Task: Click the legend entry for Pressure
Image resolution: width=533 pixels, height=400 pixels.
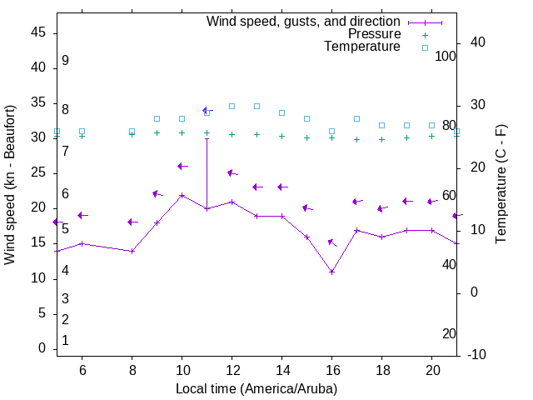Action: tap(374, 34)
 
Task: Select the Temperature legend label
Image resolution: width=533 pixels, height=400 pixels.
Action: tap(362, 47)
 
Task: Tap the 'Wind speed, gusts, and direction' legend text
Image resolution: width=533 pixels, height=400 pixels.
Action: tap(304, 22)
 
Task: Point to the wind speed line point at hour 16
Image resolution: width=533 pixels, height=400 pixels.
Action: tap(331, 272)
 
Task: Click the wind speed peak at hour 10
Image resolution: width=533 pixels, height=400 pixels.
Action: tap(182, 195)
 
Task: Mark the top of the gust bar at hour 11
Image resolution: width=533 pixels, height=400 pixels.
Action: tap(207, 138)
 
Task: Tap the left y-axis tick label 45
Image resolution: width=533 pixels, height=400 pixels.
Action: tap(38, 32)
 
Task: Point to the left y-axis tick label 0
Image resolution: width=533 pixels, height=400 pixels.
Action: tap(42, 349)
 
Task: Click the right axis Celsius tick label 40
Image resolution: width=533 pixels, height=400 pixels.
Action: tap(479, 42)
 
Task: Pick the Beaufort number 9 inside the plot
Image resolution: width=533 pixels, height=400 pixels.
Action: tap(65, 61)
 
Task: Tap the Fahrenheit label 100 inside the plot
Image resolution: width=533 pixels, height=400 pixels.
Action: tap(446, 56)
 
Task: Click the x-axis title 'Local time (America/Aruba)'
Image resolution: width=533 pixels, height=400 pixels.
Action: tap(257, 389)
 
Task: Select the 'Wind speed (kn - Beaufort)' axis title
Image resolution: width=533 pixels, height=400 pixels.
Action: tap(10, 185)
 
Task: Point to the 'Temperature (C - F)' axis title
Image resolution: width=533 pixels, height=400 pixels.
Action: tap(501, 185)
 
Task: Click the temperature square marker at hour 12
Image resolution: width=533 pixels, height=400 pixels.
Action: tap(232, 107)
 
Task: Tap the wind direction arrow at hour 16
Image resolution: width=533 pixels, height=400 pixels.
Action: tap(332, 242)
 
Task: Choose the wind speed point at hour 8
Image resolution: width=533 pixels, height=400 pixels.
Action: tap(132, 251)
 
